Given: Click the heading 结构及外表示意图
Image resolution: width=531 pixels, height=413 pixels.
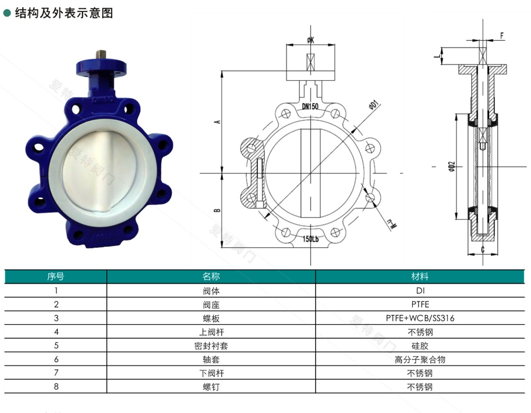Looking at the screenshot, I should (64, 13).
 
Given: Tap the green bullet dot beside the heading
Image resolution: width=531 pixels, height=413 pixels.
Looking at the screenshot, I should (7, 13).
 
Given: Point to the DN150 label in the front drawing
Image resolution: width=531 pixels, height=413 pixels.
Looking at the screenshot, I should (310, 106).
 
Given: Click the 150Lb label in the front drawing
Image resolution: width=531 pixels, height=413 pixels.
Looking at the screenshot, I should (310, 239).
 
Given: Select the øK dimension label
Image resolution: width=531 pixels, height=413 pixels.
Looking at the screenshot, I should (310, 39).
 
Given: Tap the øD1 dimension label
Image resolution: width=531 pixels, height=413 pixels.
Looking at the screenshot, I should (374, 105).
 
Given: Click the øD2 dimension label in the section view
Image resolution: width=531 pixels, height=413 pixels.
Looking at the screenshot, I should (452, 166).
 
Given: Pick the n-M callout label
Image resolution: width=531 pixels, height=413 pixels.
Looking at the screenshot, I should (392, 224).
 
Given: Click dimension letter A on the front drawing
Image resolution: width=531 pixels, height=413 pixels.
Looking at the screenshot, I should (217, 122).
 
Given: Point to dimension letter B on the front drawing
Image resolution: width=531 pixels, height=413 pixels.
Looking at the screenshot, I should (217, 210).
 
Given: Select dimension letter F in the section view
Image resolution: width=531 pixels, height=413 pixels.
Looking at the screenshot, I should (502, 36).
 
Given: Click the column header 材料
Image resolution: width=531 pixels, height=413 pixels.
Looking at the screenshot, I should (420, 277).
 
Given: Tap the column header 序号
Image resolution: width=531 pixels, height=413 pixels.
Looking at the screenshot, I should (56, 277).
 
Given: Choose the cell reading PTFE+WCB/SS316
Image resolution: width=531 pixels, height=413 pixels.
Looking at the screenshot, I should (420, 318).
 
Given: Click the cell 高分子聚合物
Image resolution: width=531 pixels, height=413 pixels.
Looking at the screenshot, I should (420, 359).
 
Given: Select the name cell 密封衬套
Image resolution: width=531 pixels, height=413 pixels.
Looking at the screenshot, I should (211, 346).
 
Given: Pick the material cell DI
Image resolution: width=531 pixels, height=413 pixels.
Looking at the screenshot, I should (420, 291).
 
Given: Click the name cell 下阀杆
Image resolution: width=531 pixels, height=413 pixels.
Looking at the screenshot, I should (211, 373).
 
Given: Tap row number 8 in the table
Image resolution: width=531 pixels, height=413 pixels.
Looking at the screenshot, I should (56, 387).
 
